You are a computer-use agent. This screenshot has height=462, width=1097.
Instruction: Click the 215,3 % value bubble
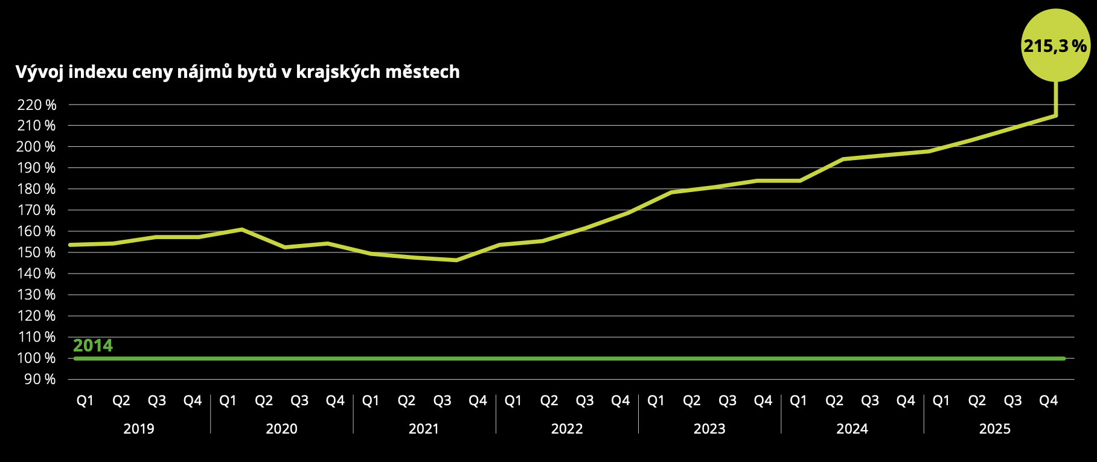[1055, 45]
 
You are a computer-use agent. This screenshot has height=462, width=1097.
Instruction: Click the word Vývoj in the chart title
[39, 72]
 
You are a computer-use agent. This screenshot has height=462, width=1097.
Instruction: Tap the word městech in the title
[422, 72]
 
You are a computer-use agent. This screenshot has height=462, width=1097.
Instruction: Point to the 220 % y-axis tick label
[37, 105]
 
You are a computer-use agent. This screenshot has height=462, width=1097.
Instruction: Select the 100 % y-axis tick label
[37, 358]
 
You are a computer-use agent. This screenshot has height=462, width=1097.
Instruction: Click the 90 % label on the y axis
[40, 379]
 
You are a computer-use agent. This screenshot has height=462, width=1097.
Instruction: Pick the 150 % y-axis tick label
[37, 252]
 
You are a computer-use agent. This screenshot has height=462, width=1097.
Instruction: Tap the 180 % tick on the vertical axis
[37, 189]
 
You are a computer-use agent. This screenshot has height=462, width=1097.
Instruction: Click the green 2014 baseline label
[93, 345]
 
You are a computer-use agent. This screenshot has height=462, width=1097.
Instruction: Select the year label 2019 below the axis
[139, 429]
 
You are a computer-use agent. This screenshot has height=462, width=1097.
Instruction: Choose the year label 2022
[567, 429]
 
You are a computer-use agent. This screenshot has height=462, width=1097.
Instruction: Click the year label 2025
[994, 429]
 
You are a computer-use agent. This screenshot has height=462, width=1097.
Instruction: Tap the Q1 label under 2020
[228, 400]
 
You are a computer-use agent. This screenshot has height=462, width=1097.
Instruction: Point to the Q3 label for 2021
[442, 400]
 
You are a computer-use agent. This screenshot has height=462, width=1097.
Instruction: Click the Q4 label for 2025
[1048, 400]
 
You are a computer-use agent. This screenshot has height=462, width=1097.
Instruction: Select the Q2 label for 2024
[834, 400]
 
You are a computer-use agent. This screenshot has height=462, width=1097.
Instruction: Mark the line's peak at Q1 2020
[241, 229]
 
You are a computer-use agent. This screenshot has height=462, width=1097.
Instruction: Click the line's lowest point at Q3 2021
[456, 260]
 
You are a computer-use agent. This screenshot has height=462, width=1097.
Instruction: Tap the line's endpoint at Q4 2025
[1055, 115]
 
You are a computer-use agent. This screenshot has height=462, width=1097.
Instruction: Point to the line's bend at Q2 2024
[843, 159]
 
